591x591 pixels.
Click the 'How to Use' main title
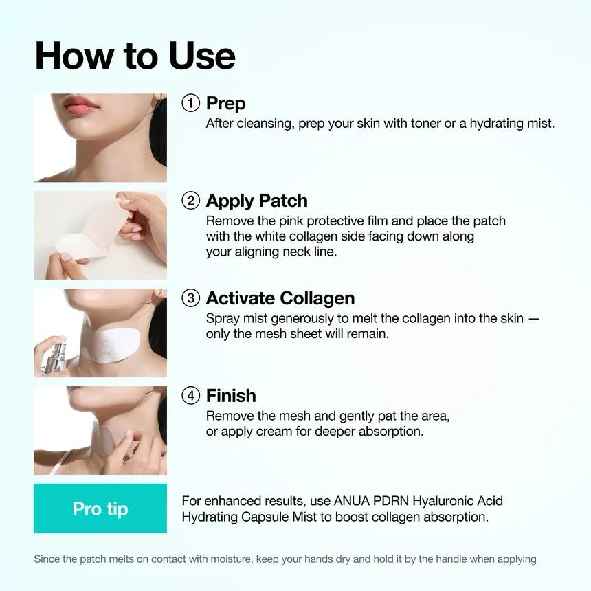click(135, 56)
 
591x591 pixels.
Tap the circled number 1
click(190, 103)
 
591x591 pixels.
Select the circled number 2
click(190, 201)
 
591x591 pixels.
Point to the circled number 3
click(190, 298)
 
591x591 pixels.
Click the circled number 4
click(190, 396)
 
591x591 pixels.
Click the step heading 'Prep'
click(225, 103)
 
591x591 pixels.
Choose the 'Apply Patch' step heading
click(256, 201)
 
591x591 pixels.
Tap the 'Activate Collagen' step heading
click(280, 298)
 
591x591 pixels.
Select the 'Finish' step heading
click(231, 396)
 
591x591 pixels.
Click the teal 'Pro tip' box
click(100, 509)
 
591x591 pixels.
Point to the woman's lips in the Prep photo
click(81, 105)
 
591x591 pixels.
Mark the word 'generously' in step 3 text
click(301, 319)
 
